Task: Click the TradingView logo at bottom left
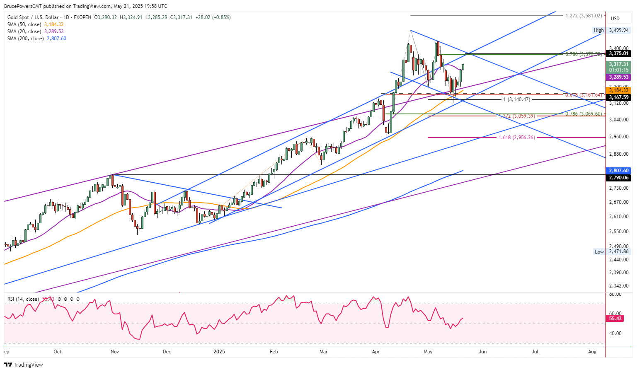(24, 365)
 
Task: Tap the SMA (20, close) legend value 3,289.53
(54, 31)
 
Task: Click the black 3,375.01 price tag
(618, 53)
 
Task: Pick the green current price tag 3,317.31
(618, 64)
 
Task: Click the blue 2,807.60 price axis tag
(618, 171)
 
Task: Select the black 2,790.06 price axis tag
(618, 178)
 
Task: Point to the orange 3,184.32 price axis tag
(618, 90)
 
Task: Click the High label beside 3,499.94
(598, 30)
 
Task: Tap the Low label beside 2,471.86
(599, 251)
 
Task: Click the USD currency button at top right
(615, 18)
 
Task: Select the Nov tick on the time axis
(115, 352)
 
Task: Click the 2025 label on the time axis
(219, 352)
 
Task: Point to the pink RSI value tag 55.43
(615, 319)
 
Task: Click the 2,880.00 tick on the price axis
(618, 154)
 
